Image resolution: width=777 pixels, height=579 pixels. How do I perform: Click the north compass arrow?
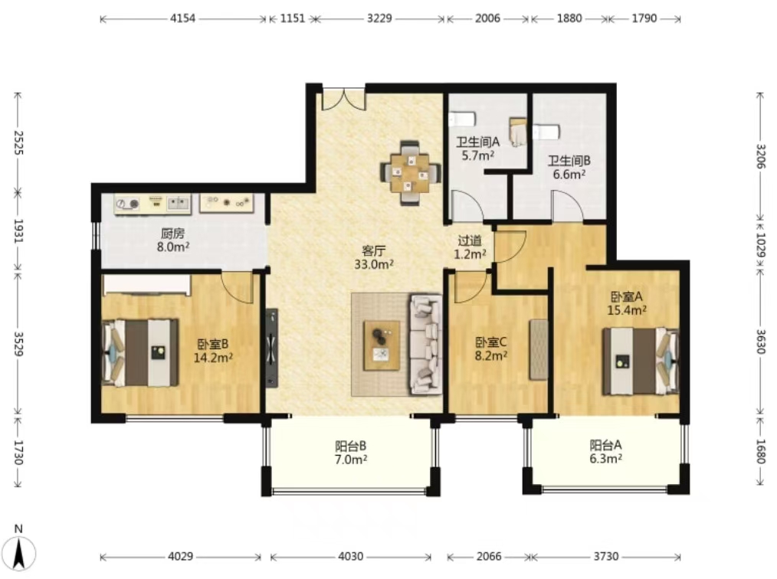[19, 552]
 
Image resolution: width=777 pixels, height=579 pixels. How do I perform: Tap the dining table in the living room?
[410, 173]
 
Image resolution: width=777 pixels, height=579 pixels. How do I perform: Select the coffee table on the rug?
[382, 345]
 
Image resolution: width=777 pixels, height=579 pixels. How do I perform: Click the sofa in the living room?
[426, 345]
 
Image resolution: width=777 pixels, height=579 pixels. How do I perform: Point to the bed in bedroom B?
[140, 352]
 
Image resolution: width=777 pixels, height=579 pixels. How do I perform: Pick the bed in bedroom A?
[641, 361]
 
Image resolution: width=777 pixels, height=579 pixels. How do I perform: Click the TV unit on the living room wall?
[271, 348]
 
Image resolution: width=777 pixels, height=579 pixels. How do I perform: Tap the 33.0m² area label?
[374, 264]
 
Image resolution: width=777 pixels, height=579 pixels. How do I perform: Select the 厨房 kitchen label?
[172, 233]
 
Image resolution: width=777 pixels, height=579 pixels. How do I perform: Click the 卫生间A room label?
[477, 142]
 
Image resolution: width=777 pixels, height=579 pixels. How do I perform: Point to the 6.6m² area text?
[569, 175]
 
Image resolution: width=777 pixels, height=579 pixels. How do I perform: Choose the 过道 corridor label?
[470, 240]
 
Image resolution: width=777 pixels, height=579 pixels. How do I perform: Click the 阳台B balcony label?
[351, 446]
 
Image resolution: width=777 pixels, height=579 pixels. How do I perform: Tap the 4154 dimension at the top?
[183, 18]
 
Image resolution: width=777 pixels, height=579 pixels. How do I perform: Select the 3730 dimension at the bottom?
[606, 556]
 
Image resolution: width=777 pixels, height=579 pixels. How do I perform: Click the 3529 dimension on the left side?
[18, 344]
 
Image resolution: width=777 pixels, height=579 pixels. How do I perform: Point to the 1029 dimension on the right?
[761, 245]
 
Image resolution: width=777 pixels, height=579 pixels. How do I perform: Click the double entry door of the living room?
[344, 99]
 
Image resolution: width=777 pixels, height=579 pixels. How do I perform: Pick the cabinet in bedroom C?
[539, 350]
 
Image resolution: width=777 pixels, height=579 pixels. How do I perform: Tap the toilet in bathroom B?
[546, 132]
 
